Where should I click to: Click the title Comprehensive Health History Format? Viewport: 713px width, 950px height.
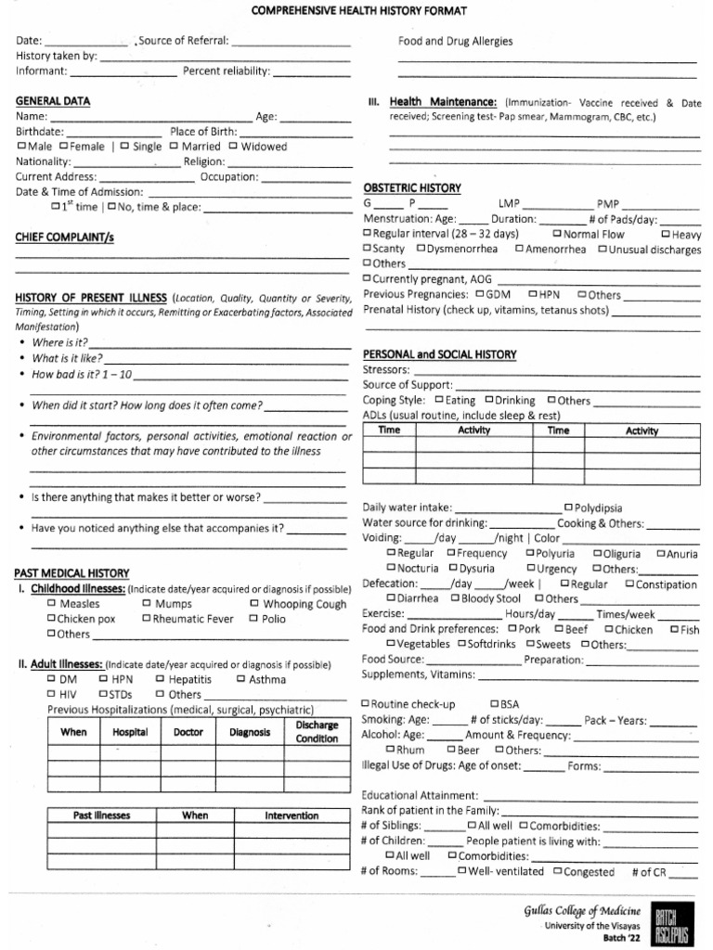click(x=357, y=10)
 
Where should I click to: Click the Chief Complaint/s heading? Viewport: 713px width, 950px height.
click(x=64, y=237)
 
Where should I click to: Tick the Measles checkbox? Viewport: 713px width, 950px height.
click(x=52, y=604)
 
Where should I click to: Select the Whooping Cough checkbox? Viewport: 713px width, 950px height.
click(x=254, y=604)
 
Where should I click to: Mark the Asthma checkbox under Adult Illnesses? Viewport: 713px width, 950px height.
click(x=240, y=679)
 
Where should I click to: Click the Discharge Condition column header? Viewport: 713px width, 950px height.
click(x=317, y=731)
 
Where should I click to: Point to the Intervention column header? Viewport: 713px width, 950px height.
click(x=292, y=815)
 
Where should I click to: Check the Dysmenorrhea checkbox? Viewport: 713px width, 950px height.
click(x=421, y=249)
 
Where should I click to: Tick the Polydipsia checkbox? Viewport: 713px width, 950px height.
click(x=567, y=507)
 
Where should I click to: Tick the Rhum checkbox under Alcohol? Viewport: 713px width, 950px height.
click(x=390, y=750)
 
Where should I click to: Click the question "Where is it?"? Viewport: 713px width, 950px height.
click(x=60, y=342)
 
